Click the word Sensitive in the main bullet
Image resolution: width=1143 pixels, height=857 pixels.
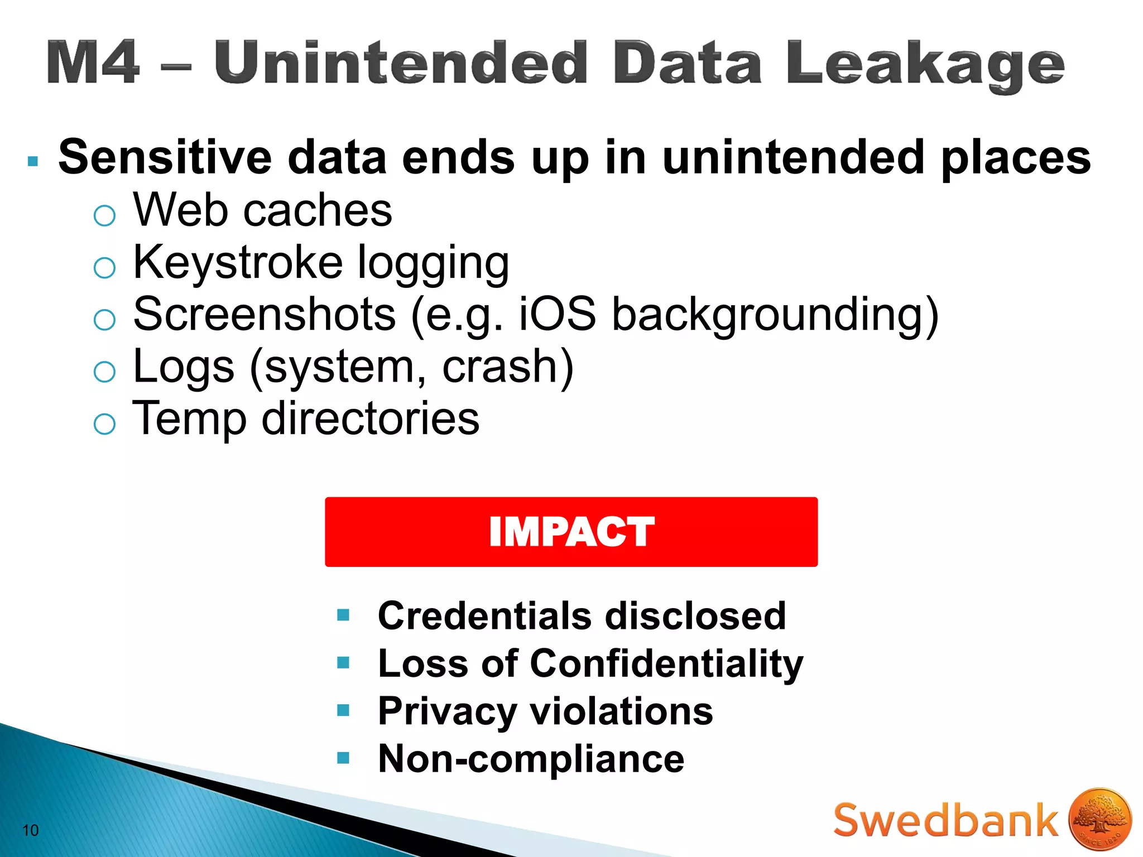pyautogui.click(x=165, y=157)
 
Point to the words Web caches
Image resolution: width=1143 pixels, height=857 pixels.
pyautogui.click(x=262, y=210)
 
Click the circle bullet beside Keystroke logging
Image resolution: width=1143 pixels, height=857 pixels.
pyautogui.click(x=104, y=268)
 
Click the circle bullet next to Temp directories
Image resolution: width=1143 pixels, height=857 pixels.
pyautogui.click(x=104, y=424)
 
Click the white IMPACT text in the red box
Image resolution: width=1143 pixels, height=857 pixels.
pyautogui.click(x=571, y=532)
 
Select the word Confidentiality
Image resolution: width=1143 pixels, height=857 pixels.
pyautogui.click(x=666, y=664)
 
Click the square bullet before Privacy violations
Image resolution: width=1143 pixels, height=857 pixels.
pyautogui.click(x=343, y=710)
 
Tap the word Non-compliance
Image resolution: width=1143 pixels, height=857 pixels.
pyautogui.click(x=531, y=759)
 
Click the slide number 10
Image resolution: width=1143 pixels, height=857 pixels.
pyautogui.click(x=30, y=830)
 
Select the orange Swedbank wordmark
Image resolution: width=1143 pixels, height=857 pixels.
pyautogui.click(x=945, y=820)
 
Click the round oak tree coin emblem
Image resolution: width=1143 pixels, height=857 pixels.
pyautogui.click(x=1100, y=819)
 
